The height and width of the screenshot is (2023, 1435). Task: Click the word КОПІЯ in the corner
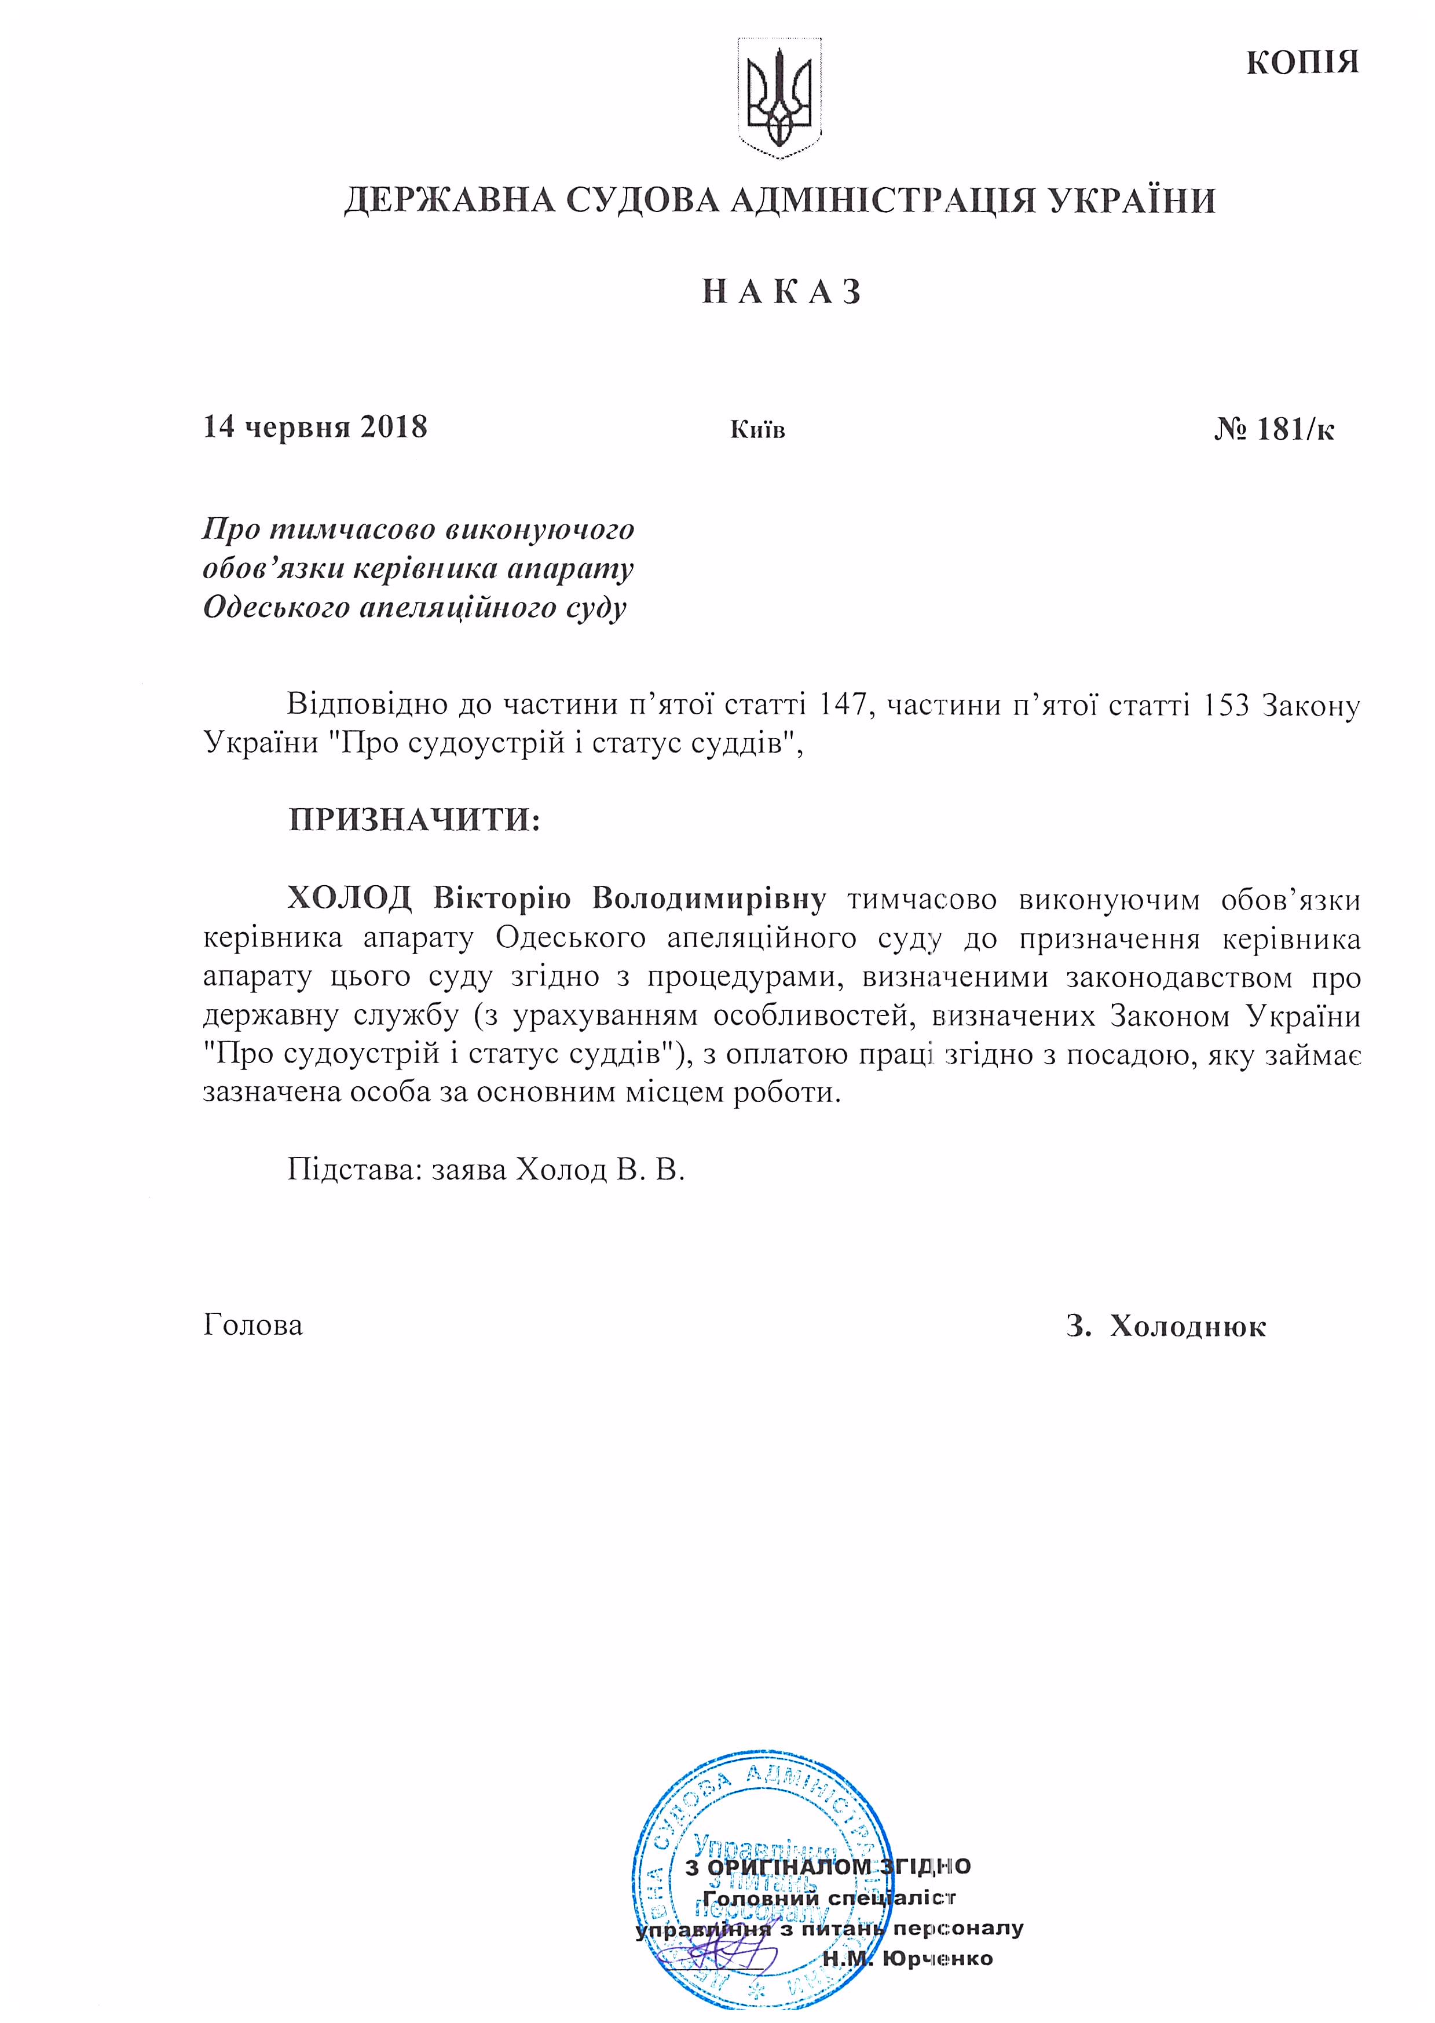(1302, 63)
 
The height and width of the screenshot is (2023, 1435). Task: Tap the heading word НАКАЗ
(781, 291)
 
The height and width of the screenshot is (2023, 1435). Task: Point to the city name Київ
(757, 430)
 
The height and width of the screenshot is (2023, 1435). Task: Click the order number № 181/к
(1273, 429)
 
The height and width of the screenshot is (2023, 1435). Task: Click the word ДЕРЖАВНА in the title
(449, 202)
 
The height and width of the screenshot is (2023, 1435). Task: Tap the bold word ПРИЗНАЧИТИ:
(413, 820)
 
